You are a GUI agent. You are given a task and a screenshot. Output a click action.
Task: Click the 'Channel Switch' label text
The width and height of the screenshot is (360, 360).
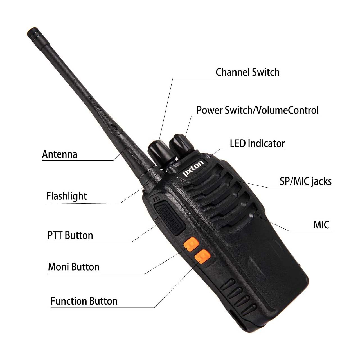(x=247, y=72)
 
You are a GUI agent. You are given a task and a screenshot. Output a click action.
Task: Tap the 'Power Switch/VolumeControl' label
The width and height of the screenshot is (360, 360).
(x=257, y=110)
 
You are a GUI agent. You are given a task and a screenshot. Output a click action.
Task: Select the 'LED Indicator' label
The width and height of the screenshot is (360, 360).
(x=257, y=143)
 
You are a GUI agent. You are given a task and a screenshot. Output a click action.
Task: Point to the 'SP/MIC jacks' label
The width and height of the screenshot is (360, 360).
(x=306, y=182)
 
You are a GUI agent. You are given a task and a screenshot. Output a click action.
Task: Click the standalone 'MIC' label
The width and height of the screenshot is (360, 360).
(x=321, y=225)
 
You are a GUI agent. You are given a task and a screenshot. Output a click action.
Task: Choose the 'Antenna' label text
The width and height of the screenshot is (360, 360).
(x=60, y=154)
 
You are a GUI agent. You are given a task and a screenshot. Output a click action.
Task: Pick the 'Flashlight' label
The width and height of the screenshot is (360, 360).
(x=66, y=196)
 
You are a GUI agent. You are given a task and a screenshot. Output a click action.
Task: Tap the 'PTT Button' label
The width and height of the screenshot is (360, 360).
(x=70, y=235)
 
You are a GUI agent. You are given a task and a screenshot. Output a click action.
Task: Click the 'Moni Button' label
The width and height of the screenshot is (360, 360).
(x=74, y=267)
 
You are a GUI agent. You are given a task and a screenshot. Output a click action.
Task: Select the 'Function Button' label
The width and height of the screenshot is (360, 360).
(x=84, y=301)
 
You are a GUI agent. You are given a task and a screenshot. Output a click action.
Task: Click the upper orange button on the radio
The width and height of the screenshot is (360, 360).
(x=191, y=244)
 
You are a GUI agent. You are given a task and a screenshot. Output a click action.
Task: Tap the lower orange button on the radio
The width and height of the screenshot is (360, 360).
(x=202, y=256)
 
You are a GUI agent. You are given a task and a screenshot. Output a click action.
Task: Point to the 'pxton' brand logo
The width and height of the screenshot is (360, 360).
(x=193, y=168)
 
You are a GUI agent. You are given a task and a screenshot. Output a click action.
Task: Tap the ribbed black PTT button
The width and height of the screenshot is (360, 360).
(x=170, y=219)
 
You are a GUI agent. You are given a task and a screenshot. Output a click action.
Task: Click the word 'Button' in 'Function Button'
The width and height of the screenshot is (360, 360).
(x=103, y=301)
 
